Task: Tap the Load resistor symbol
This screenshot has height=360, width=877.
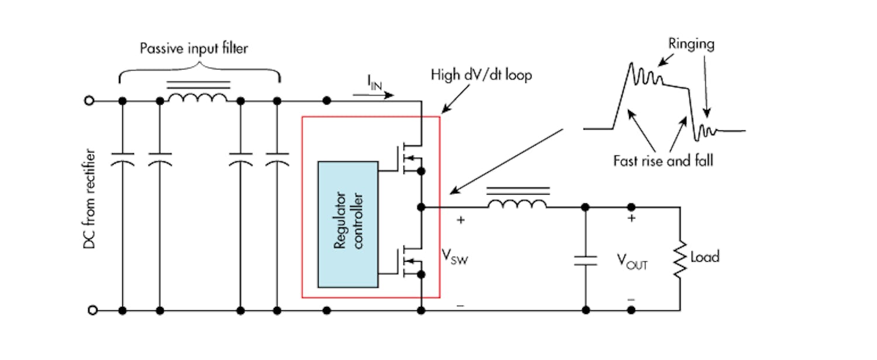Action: (680, 257)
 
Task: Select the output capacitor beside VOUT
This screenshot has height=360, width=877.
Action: (585, 260)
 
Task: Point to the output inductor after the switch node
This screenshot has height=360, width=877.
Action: (517, 202)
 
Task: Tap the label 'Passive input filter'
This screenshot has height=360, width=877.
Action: (194, 49)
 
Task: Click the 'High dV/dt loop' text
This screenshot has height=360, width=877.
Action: (481, 75)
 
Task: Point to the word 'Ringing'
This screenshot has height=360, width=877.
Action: (692, 43)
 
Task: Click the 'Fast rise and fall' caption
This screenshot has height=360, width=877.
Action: (663, 160)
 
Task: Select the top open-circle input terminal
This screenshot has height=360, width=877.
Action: (89, 101)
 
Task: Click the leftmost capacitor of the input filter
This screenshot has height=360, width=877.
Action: (122, 160)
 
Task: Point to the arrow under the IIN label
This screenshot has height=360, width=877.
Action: (378, 95)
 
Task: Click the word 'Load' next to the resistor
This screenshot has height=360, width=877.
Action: (705, 257)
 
